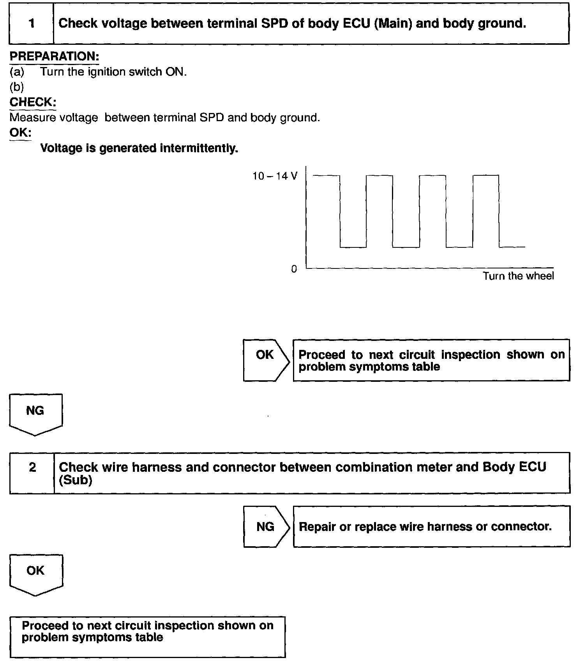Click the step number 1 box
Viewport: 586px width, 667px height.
point(32,23)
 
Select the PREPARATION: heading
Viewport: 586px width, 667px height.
point(54,56)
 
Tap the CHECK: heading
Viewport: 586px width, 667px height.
point(33,102)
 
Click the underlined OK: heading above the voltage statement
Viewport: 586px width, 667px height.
point(20,132)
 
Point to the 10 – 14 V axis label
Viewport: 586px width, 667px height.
point(275,176)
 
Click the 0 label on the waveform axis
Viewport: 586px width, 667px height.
point(294,269)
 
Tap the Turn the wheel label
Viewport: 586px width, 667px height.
point(518,276)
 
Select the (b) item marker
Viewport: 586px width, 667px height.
point(17,87)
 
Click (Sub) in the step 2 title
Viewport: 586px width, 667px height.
point(76,480)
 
